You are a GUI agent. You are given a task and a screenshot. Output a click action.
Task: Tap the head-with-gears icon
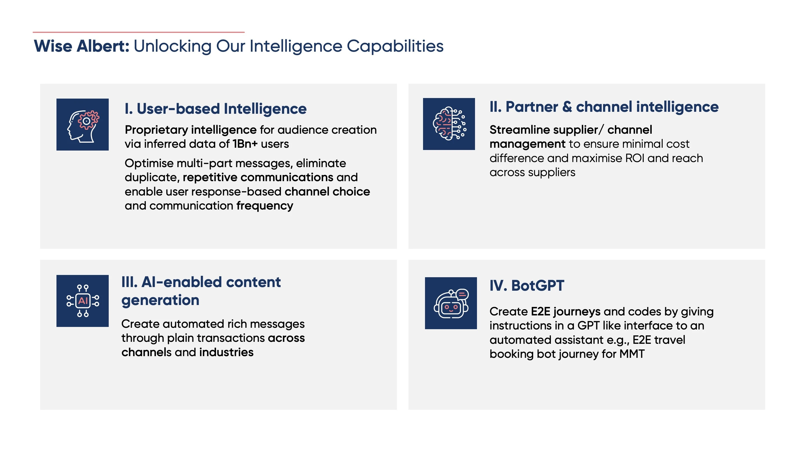pos(83,125)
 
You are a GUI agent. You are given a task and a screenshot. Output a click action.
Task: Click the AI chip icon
pos(83,301)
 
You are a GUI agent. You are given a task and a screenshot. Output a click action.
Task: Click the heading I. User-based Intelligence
pos(215,109)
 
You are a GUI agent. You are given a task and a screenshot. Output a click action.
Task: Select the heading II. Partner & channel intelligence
pos(604,107)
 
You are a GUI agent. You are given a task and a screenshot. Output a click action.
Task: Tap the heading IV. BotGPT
pos(527,285)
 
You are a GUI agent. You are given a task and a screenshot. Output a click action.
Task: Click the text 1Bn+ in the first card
pos(245,144)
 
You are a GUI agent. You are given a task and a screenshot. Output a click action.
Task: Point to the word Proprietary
pos(156,130)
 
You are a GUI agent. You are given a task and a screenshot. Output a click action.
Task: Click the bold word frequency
pos(265,206)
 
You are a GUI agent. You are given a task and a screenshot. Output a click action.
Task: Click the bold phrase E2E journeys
pos(566,312)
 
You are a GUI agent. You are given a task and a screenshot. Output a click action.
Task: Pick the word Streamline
pos(521,130)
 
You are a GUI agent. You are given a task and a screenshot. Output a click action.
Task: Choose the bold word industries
pos(226,352)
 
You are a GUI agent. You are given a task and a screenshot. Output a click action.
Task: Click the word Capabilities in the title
pos(395,46)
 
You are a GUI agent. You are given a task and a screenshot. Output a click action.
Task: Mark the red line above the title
pos(138,32)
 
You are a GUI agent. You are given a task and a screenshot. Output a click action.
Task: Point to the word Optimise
pos(149,163)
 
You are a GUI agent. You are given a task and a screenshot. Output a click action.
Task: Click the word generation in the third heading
pos(160,301)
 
